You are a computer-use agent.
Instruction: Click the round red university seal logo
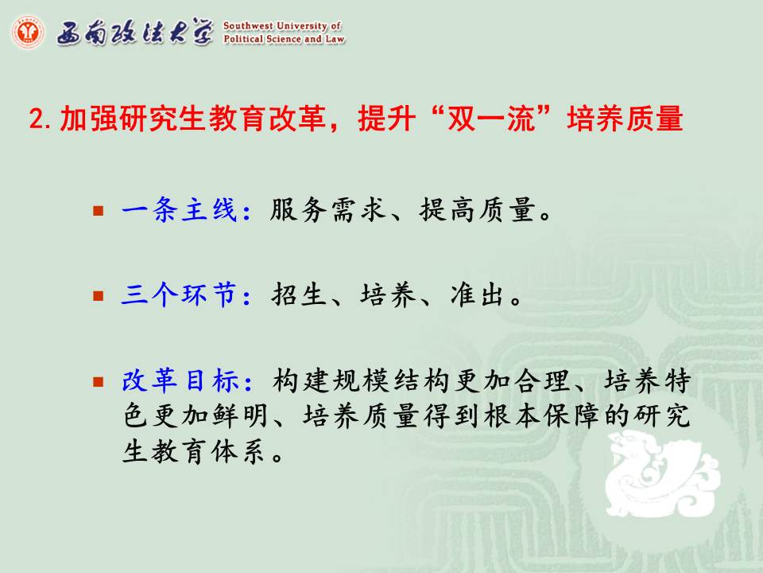click(29, 32)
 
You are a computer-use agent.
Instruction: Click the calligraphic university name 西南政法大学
click(135, 32)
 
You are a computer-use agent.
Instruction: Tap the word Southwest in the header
click(247, 25)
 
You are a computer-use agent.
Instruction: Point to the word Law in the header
click(335, 39)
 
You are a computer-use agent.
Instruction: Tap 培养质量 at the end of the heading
click(625, 119)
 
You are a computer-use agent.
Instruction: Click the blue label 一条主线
click(180, 210)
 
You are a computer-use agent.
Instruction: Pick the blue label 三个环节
click(180, 295)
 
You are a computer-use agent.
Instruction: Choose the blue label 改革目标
click(180, 380)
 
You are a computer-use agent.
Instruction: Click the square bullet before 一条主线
click(99, 210)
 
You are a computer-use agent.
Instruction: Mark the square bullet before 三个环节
click(99, 296)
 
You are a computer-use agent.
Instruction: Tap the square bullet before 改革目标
click(99, 381)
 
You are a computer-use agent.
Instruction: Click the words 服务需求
click(328, 210)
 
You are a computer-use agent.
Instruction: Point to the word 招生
click(299, 295)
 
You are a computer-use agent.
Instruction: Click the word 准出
click(477, 295)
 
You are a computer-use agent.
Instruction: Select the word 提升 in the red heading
click(387, 119)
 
